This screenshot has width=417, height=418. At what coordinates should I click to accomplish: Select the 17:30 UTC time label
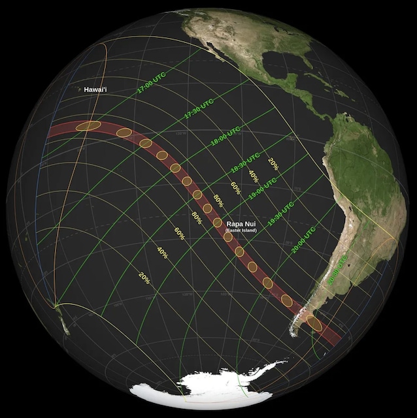click(x=198, y=108)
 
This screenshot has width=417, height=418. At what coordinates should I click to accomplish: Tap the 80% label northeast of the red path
click(x=218, y=201)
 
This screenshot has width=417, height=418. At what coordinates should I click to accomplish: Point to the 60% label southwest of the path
click(x=178, y=232)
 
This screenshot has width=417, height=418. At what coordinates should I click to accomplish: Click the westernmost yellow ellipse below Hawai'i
click(x=88, y=126)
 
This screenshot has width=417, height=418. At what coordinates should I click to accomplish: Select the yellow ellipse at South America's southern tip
click(x=314, y=323)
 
